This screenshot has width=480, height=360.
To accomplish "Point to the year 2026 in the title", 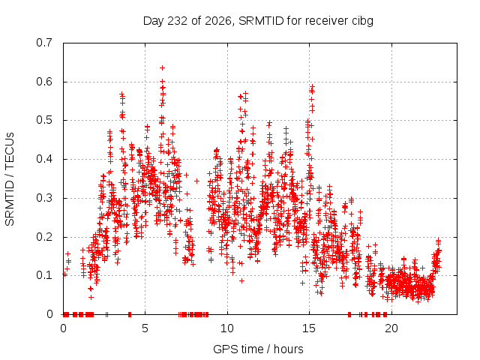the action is pos(218,21).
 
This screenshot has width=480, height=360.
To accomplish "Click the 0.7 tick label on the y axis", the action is pos(44,43).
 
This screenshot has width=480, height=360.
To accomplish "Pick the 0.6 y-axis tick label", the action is pos(44,82).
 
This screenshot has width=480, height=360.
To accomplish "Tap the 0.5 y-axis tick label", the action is pos(44,120).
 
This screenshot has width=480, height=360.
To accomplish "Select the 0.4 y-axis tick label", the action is pos(44,159).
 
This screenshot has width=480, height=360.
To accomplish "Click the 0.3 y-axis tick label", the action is pos(44,198).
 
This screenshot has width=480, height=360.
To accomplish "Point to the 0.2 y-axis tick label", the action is pos(44,237).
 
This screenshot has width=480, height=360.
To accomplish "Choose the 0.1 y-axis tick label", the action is pos(44,275).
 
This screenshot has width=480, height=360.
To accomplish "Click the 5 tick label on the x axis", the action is pos(145,328).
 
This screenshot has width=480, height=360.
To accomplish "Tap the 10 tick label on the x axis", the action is pos(226,328).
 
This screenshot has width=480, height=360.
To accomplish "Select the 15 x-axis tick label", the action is pos(309,328).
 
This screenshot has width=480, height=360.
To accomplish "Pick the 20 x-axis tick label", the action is pos(391,328).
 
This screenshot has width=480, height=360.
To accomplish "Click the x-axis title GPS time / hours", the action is pos(258,349).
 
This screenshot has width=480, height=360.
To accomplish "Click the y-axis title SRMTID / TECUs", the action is pos(10,179).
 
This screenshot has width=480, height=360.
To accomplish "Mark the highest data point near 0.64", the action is pos(163,67).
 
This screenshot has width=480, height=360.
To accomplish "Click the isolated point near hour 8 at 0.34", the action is pos(196,181).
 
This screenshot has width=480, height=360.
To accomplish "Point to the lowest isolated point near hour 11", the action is pos(241,280).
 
